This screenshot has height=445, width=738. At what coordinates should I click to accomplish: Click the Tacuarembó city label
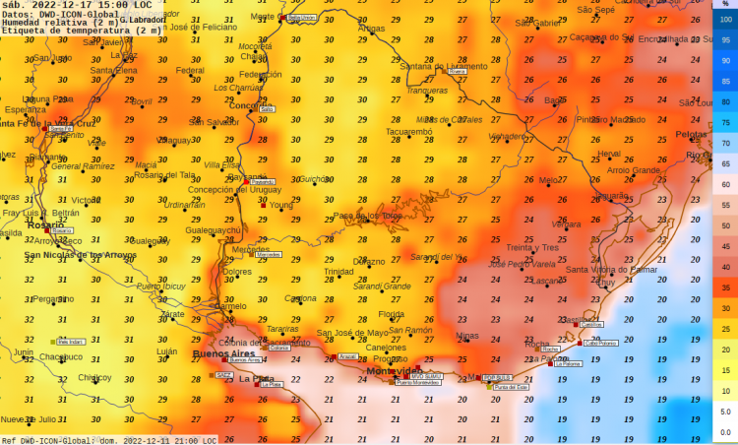point(408,131)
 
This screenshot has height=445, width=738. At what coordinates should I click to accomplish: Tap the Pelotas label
point(691,134)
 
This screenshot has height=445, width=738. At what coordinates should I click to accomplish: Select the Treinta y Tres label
point(532,247)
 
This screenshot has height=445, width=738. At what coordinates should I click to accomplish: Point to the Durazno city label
point(369,261)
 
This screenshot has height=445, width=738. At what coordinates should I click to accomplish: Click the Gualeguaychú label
point(214,229)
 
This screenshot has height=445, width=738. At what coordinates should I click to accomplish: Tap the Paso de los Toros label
point(368,216)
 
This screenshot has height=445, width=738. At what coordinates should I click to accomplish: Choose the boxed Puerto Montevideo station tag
point(417,383)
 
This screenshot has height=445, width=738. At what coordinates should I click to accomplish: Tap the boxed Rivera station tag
point(457,72)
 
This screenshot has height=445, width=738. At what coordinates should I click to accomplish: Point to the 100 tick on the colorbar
point(725,20)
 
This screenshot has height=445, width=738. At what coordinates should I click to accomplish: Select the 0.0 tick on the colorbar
point(725,431)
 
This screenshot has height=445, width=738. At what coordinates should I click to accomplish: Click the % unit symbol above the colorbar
point(725,6)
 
